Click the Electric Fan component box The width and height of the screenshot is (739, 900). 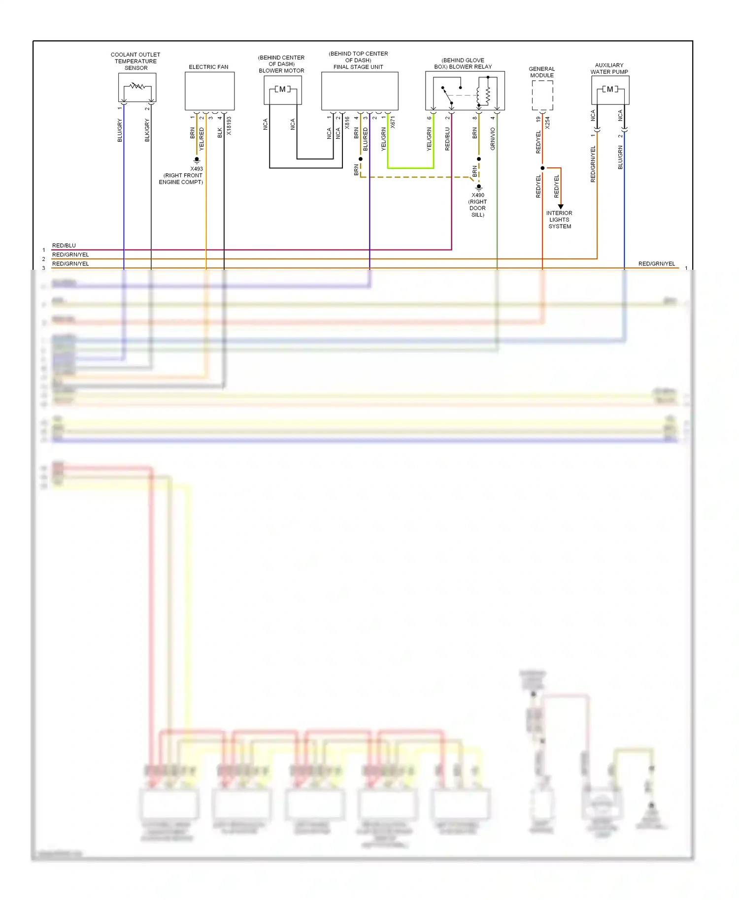coord(209,91)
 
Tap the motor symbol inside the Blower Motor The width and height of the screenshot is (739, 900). coord(282,89)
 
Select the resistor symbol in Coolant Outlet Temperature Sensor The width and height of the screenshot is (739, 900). coord(137,86)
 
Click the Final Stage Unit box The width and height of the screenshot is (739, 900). coord(360,91)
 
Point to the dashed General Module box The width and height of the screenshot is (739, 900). coord(542,95)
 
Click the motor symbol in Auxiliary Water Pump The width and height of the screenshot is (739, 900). coord(610,89)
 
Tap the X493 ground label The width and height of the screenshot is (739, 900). coord(197,169)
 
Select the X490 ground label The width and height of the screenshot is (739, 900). coord(478,195)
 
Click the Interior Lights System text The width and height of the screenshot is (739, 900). coord(560,220)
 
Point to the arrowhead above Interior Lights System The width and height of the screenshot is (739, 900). coord(561,206)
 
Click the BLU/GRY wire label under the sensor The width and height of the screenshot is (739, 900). coord(120,130)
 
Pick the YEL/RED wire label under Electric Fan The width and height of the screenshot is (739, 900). coord(202,139)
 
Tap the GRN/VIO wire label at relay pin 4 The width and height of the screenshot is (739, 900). coord(493,139)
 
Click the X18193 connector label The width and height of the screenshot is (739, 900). coord(229,126)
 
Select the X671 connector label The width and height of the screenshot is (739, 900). coord(393,122)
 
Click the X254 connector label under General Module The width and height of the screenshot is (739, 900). coord(547,123)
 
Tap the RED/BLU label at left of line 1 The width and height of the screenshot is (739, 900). coord(64,245)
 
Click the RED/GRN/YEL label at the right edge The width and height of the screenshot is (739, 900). coord(657,264)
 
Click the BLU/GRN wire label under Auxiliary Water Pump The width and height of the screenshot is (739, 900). coord(620,158)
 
